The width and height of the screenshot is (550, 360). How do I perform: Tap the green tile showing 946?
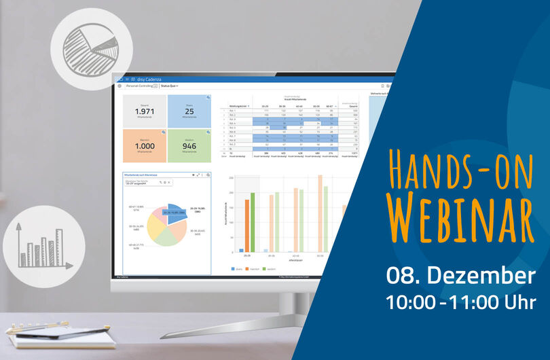189,145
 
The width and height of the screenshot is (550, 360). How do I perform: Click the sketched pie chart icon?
87,47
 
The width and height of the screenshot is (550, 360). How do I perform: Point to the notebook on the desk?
61,337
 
